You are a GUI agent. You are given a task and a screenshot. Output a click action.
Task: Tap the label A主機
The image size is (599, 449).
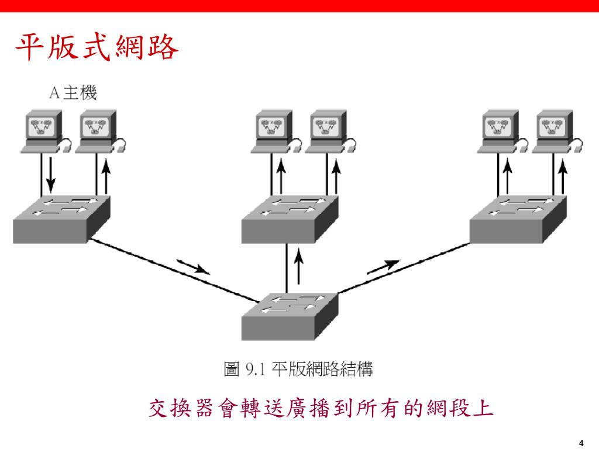coord(73,93)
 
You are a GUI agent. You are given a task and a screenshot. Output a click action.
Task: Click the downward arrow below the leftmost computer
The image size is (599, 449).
coord(50,176)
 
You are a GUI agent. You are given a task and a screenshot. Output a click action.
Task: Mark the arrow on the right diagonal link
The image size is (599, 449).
coord(384,267)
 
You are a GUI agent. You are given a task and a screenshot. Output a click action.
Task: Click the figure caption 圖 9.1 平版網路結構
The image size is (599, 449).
coord(298,369)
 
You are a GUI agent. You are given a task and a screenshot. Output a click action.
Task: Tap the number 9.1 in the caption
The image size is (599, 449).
coord(256,369)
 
